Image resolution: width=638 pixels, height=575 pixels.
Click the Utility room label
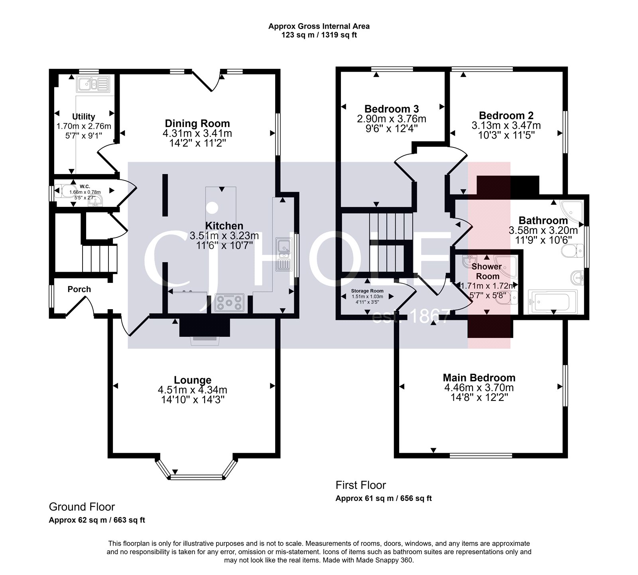point(83,116)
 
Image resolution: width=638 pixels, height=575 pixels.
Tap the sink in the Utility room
point(93,84)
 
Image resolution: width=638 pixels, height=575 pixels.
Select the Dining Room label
point(197,123)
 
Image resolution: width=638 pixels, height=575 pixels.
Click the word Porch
point(79,289)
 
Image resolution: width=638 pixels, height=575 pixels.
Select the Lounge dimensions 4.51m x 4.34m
point(193,390)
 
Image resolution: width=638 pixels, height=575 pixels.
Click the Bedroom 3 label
point(392,108)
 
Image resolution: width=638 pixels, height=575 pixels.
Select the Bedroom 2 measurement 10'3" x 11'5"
point(506,135)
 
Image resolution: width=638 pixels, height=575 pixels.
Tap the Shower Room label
point(487,271)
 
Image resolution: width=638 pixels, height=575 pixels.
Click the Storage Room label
point(367,291)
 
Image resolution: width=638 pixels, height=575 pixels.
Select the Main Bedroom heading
point(479,377)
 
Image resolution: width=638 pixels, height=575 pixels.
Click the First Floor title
point(361,485)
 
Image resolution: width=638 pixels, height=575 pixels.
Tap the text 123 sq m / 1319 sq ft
point(319,35)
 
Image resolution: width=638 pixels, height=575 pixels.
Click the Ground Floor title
point(82,507)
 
